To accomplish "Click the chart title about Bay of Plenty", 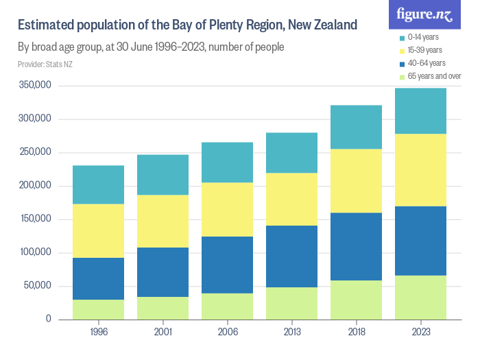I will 187,25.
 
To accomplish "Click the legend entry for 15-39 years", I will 425,50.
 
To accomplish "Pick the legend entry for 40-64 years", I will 426,63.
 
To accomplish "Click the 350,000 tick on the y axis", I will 35,86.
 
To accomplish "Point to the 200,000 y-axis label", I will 35,186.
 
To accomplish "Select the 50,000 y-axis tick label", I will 37,286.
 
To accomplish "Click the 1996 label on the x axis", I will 98,332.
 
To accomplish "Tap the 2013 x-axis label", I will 291,332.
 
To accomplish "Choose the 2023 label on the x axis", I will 420,332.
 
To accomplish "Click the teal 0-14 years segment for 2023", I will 420,111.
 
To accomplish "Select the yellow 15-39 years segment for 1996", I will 98,230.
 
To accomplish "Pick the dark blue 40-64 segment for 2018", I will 356,246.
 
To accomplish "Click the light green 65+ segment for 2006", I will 227,306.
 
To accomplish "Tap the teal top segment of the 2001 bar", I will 163,175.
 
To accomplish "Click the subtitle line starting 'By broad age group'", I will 151,47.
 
